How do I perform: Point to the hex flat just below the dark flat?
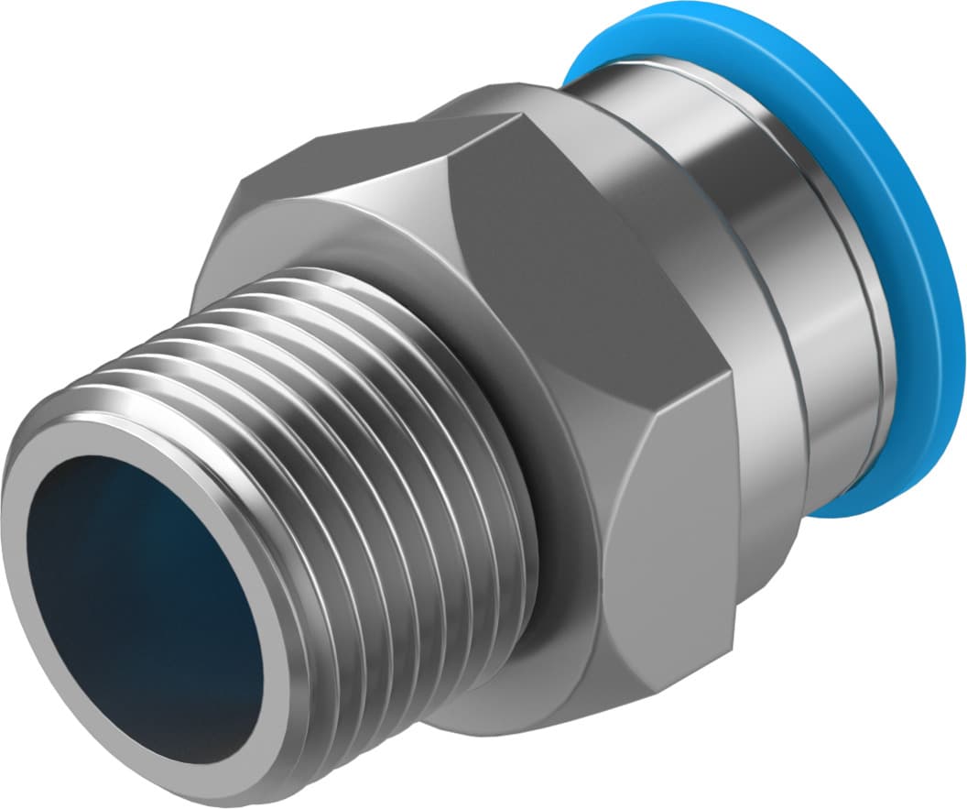tap(678, 513)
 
